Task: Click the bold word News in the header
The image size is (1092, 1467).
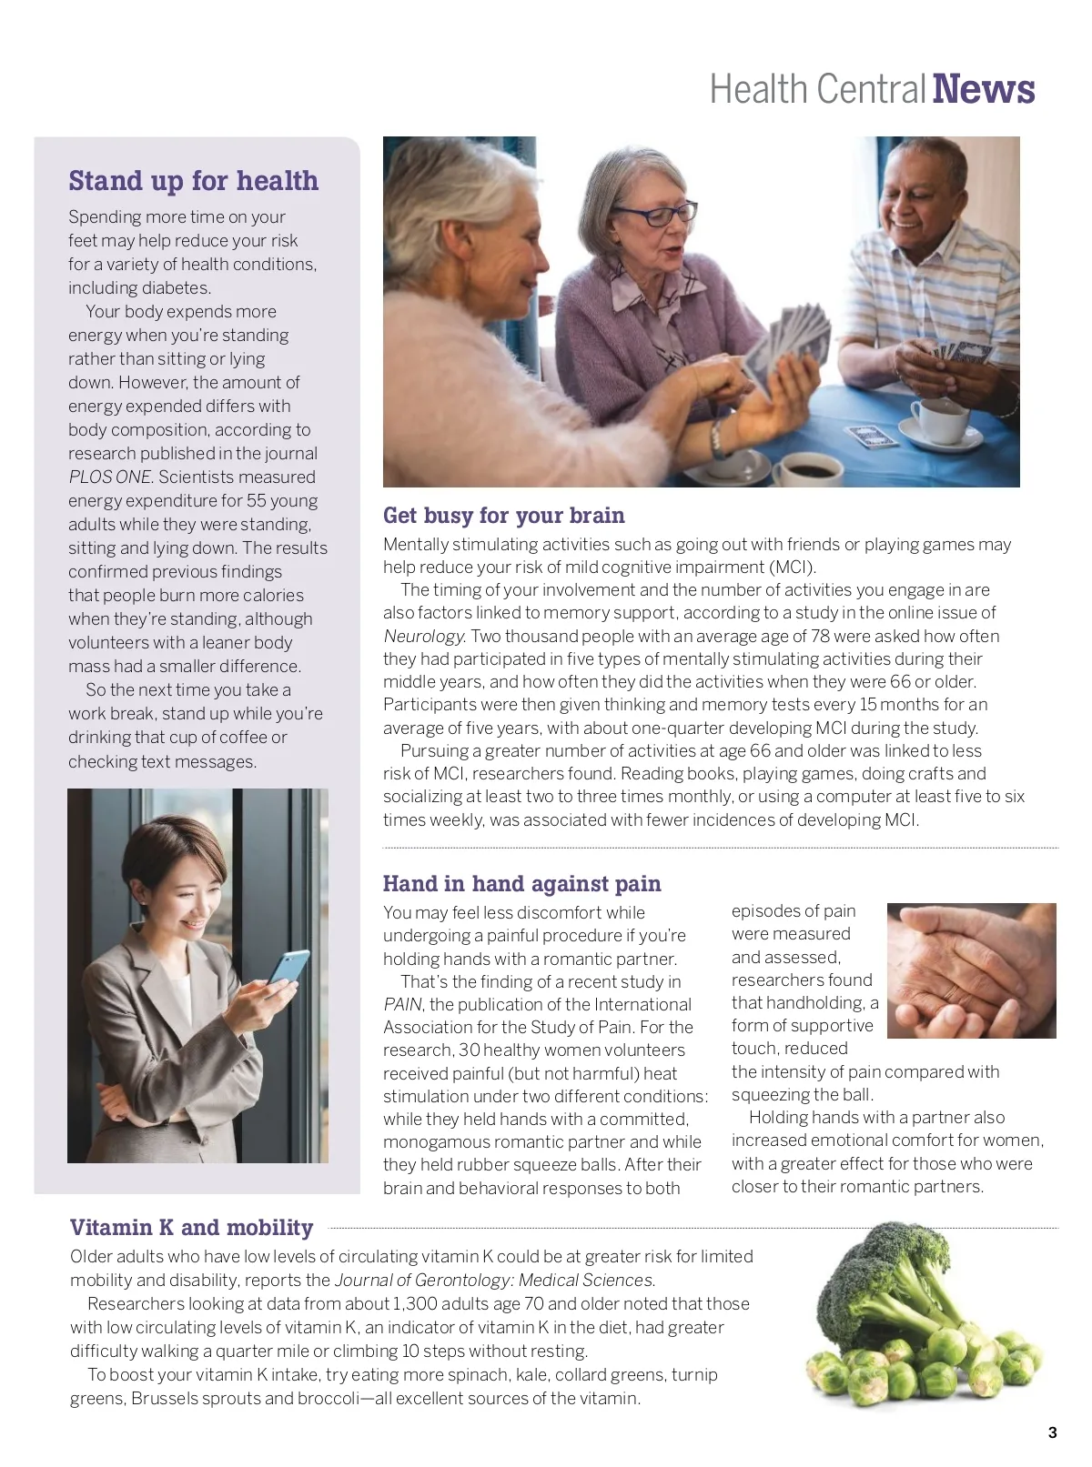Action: (984, 90)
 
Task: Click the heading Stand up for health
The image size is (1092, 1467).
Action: (193, 181)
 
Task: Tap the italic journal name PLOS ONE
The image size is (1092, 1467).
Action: (110, 477)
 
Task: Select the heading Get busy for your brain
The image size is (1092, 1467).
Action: (503, 516)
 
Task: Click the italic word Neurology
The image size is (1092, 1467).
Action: (424, 637)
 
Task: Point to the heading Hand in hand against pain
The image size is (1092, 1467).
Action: (521, 884)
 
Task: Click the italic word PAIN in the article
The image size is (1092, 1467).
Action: (402, 1005)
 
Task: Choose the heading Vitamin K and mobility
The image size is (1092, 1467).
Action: (191, 1228)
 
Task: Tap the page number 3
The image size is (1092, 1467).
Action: (1052, 1432)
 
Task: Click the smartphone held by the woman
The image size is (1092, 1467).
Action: (290, 966)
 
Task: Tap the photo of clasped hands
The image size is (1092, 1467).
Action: (971, 970)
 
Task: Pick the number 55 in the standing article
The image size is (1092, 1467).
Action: (257, 501)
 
